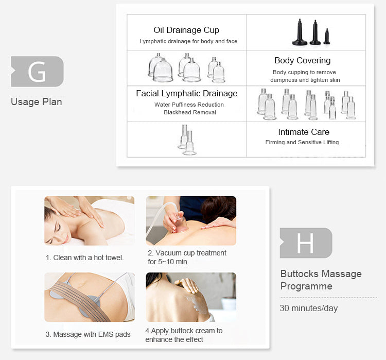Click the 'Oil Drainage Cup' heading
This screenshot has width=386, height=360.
(x=186, y=30)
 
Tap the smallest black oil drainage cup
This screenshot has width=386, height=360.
(x=327, y=37)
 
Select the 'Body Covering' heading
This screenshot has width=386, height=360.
(x=303, y=60)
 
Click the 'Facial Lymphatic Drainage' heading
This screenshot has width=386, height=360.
(x=187, y=94)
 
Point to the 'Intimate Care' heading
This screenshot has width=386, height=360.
(x=304, y=132)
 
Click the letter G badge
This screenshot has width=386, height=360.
(x=38, y=72)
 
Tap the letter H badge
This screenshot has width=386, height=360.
(x=306, y=243)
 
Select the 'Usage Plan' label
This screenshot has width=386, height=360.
(x=37, y=102)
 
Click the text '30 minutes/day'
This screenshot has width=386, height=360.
(x=309, y=308)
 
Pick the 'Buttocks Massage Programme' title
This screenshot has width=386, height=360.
(x=321, y=280)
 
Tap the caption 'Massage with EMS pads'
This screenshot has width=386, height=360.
(x=88, y=334)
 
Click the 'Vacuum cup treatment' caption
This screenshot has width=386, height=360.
(x=187, y=257)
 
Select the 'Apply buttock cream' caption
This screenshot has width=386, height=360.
(x=184, y=335)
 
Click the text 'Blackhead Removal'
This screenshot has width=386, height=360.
(x=190, y=113)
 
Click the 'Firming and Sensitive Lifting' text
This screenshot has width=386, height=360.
(x=302, y=143)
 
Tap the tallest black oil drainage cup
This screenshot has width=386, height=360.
(x=300, y=32)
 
